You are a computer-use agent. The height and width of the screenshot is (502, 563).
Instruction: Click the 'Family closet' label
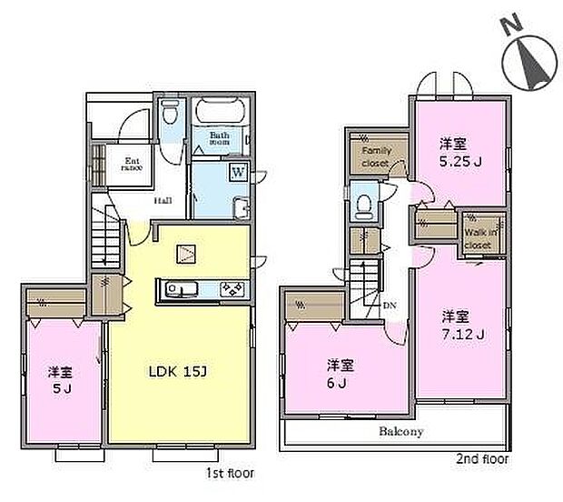coord(375,156)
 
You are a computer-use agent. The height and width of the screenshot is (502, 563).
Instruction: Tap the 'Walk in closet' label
coord(481,238)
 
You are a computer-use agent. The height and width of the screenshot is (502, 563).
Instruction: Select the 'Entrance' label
coord(133,166)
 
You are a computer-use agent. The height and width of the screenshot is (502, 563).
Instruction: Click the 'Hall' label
coord(163,201)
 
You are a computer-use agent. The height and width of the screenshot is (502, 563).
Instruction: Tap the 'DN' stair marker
coord(391,305)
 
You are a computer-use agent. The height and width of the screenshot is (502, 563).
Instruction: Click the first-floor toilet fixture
coord(169,115)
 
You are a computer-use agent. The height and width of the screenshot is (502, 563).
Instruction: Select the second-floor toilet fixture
coord(365,205)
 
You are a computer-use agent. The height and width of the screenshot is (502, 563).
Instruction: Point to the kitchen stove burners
coord(230,291)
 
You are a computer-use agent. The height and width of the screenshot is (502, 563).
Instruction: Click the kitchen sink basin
coord(178,291)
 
